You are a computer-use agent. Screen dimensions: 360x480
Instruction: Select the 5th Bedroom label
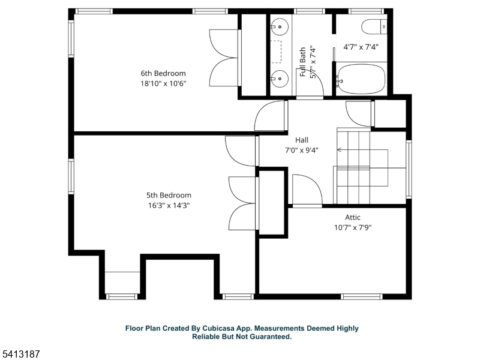pyautogui.click(x=169, y=195)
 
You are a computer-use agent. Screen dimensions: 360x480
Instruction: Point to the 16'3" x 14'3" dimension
pyautogui.click(x=169, y=205)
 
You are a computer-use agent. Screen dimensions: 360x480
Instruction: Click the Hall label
pyautogui.click(x=301, y=140)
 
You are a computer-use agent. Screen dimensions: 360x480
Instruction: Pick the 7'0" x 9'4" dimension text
pyautogui.click(x=301, y=150)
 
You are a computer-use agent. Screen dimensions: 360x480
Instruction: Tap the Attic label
pyautogui.click(x=353, y=217)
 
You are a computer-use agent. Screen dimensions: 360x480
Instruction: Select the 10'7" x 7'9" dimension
pyautogui.click(x=353, y=227)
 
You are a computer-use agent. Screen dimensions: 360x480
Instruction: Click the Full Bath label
pyautogui.click(x=304, y=62)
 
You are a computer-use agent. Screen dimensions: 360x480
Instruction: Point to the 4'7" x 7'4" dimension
pyautogui.click(x=361, y=46)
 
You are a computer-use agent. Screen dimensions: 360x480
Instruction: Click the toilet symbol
pyautogui.click(x=374, y=26)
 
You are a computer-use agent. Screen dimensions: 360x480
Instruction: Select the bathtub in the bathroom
pyautogui.click(x=361, y=79)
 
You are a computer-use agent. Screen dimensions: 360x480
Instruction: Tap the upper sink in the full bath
pyautogui.click(x=278, y=26)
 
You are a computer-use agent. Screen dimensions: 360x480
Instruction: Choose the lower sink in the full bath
pyautogui.click(x=278, y=77)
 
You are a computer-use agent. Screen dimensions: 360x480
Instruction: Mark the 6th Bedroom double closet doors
pyautogui.click(x=224, y=58)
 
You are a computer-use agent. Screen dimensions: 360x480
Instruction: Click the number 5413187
pyautogui.click(x=20, y=355)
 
